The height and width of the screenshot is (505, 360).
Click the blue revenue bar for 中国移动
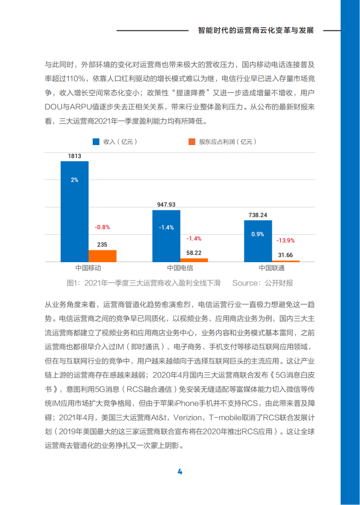(x=75, y=210)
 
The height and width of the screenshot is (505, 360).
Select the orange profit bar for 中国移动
(x=102, y=256)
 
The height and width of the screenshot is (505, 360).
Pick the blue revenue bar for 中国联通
(x=258, y=241)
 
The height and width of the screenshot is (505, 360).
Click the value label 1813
(x=75, y=157)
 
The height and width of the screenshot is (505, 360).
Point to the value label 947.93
(x=166, y=205)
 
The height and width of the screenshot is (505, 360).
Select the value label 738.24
(x=258, y=215)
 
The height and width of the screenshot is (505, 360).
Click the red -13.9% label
(x=285, y=240)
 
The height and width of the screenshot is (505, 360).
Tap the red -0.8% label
(x=102, y=227)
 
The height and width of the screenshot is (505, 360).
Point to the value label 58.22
(x=194, y=252)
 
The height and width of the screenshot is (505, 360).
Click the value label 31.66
(x=285, y=255)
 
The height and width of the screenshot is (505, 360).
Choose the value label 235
(x=102, y=245)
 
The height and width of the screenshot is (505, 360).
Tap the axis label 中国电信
(x=180, y=268)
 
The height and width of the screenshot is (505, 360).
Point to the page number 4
(x=179, y=472)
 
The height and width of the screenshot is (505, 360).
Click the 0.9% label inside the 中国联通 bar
(x=258, y=234)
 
